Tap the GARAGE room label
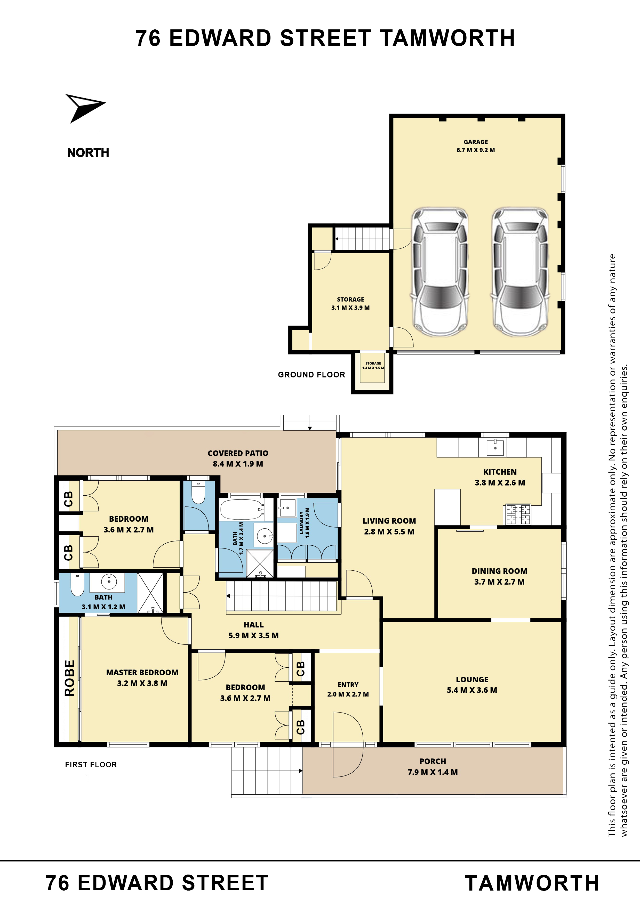tap(476, 142)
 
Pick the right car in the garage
tap(520, 272)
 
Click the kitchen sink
tap(495, 447)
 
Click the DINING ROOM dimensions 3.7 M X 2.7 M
tap(499, 582)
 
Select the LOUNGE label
tap(472, 679)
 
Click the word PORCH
tap(433, 761)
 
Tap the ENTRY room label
tap(348, 685)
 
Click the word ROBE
tap(69, 678)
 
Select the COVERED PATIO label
tap(238, 453)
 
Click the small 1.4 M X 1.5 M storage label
tap(373, 368)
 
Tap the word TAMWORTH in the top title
tap(447, 38)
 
